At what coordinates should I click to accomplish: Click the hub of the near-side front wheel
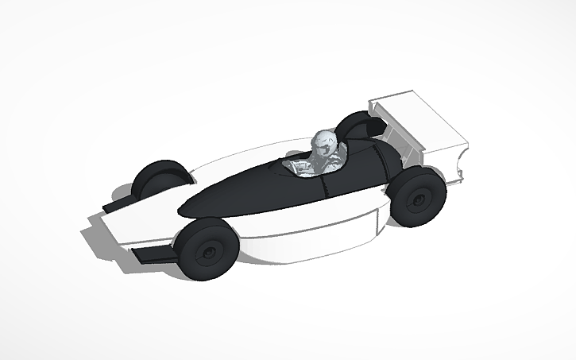pyautogui.click(x=209, y=253)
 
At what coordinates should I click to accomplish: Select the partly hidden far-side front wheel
pyautogui.click(x=156, y=180)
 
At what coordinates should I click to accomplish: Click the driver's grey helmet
pyautogui.click(x=325, y=142)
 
